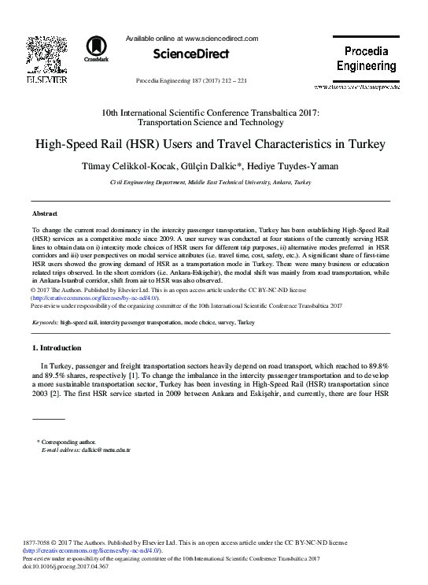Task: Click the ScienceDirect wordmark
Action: pyautogui.click(x=191, y=54)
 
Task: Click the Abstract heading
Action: pyautogui.click(x=44, y=213)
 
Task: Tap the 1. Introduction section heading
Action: pyautogui.click(x=56, y=347)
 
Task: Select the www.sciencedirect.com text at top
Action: pyautogui.click(x=220, y=38)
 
